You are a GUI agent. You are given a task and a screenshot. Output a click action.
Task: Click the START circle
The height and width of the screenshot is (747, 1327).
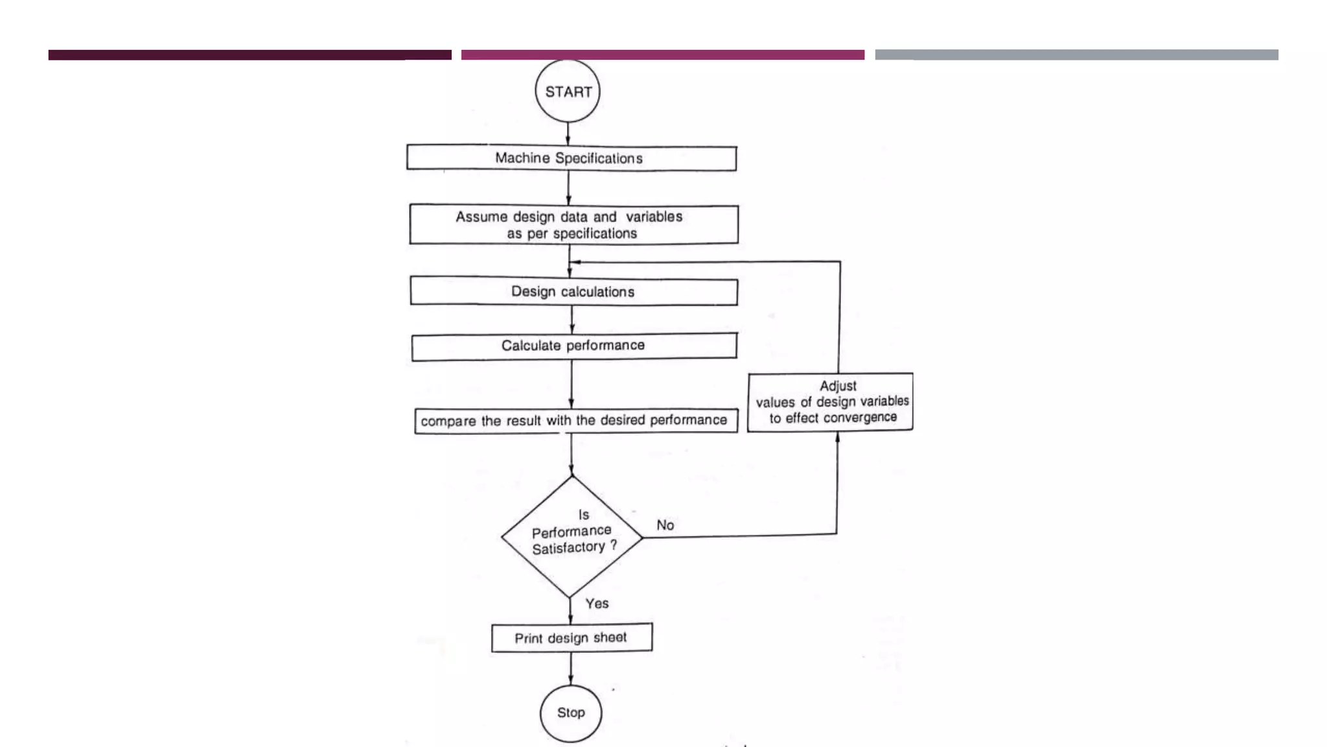(568, 91)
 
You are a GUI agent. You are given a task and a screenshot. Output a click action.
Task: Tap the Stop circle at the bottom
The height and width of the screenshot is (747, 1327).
(571, 713)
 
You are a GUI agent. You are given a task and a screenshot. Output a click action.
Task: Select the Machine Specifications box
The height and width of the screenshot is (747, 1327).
(571, 158)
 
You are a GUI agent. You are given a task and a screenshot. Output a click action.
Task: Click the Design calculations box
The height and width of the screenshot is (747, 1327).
(573, 291)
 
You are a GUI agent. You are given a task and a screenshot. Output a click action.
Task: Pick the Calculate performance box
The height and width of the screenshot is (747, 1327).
(574, 346)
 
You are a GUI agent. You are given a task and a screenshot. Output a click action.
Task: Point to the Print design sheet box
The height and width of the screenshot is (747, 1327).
(571, 637)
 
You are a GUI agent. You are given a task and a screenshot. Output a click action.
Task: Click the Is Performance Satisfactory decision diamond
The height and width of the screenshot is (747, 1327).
(571, 537)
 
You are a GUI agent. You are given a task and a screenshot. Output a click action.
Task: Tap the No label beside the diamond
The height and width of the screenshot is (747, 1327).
(665, 525)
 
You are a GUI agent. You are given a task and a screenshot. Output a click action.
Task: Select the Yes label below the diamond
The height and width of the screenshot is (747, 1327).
(597, 604)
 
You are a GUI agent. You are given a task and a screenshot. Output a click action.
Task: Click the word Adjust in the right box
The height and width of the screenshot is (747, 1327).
(838, 386)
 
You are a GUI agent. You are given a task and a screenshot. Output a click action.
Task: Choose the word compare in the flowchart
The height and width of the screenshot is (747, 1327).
(448, 421)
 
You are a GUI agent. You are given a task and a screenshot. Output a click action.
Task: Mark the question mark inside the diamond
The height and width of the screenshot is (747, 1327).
(613, 545)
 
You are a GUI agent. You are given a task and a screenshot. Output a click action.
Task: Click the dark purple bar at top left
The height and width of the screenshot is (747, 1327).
(250, 55)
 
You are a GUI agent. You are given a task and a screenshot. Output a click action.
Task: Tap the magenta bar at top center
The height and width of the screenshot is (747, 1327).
(663, 55)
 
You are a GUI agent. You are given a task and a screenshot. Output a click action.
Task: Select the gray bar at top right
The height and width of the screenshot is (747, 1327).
(1077, 55)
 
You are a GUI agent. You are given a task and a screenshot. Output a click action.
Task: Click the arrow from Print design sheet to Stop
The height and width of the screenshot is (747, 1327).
(571, 669)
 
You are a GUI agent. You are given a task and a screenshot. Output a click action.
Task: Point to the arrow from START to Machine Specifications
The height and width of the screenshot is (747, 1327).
(568, 134)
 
